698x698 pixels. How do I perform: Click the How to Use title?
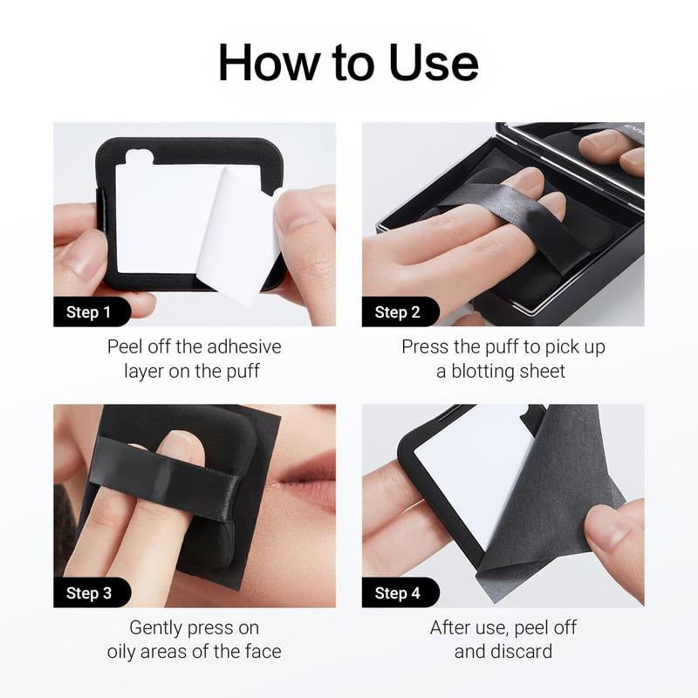pos(348,63)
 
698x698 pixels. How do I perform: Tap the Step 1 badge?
pos(89,312)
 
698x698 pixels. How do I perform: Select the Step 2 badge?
pos(397,312)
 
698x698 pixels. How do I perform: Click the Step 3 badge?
pos(89,593)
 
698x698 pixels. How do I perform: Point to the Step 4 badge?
pos(397,593)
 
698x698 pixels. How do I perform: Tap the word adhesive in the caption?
pos(245,346)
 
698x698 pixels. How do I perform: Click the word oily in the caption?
pos(127,651)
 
